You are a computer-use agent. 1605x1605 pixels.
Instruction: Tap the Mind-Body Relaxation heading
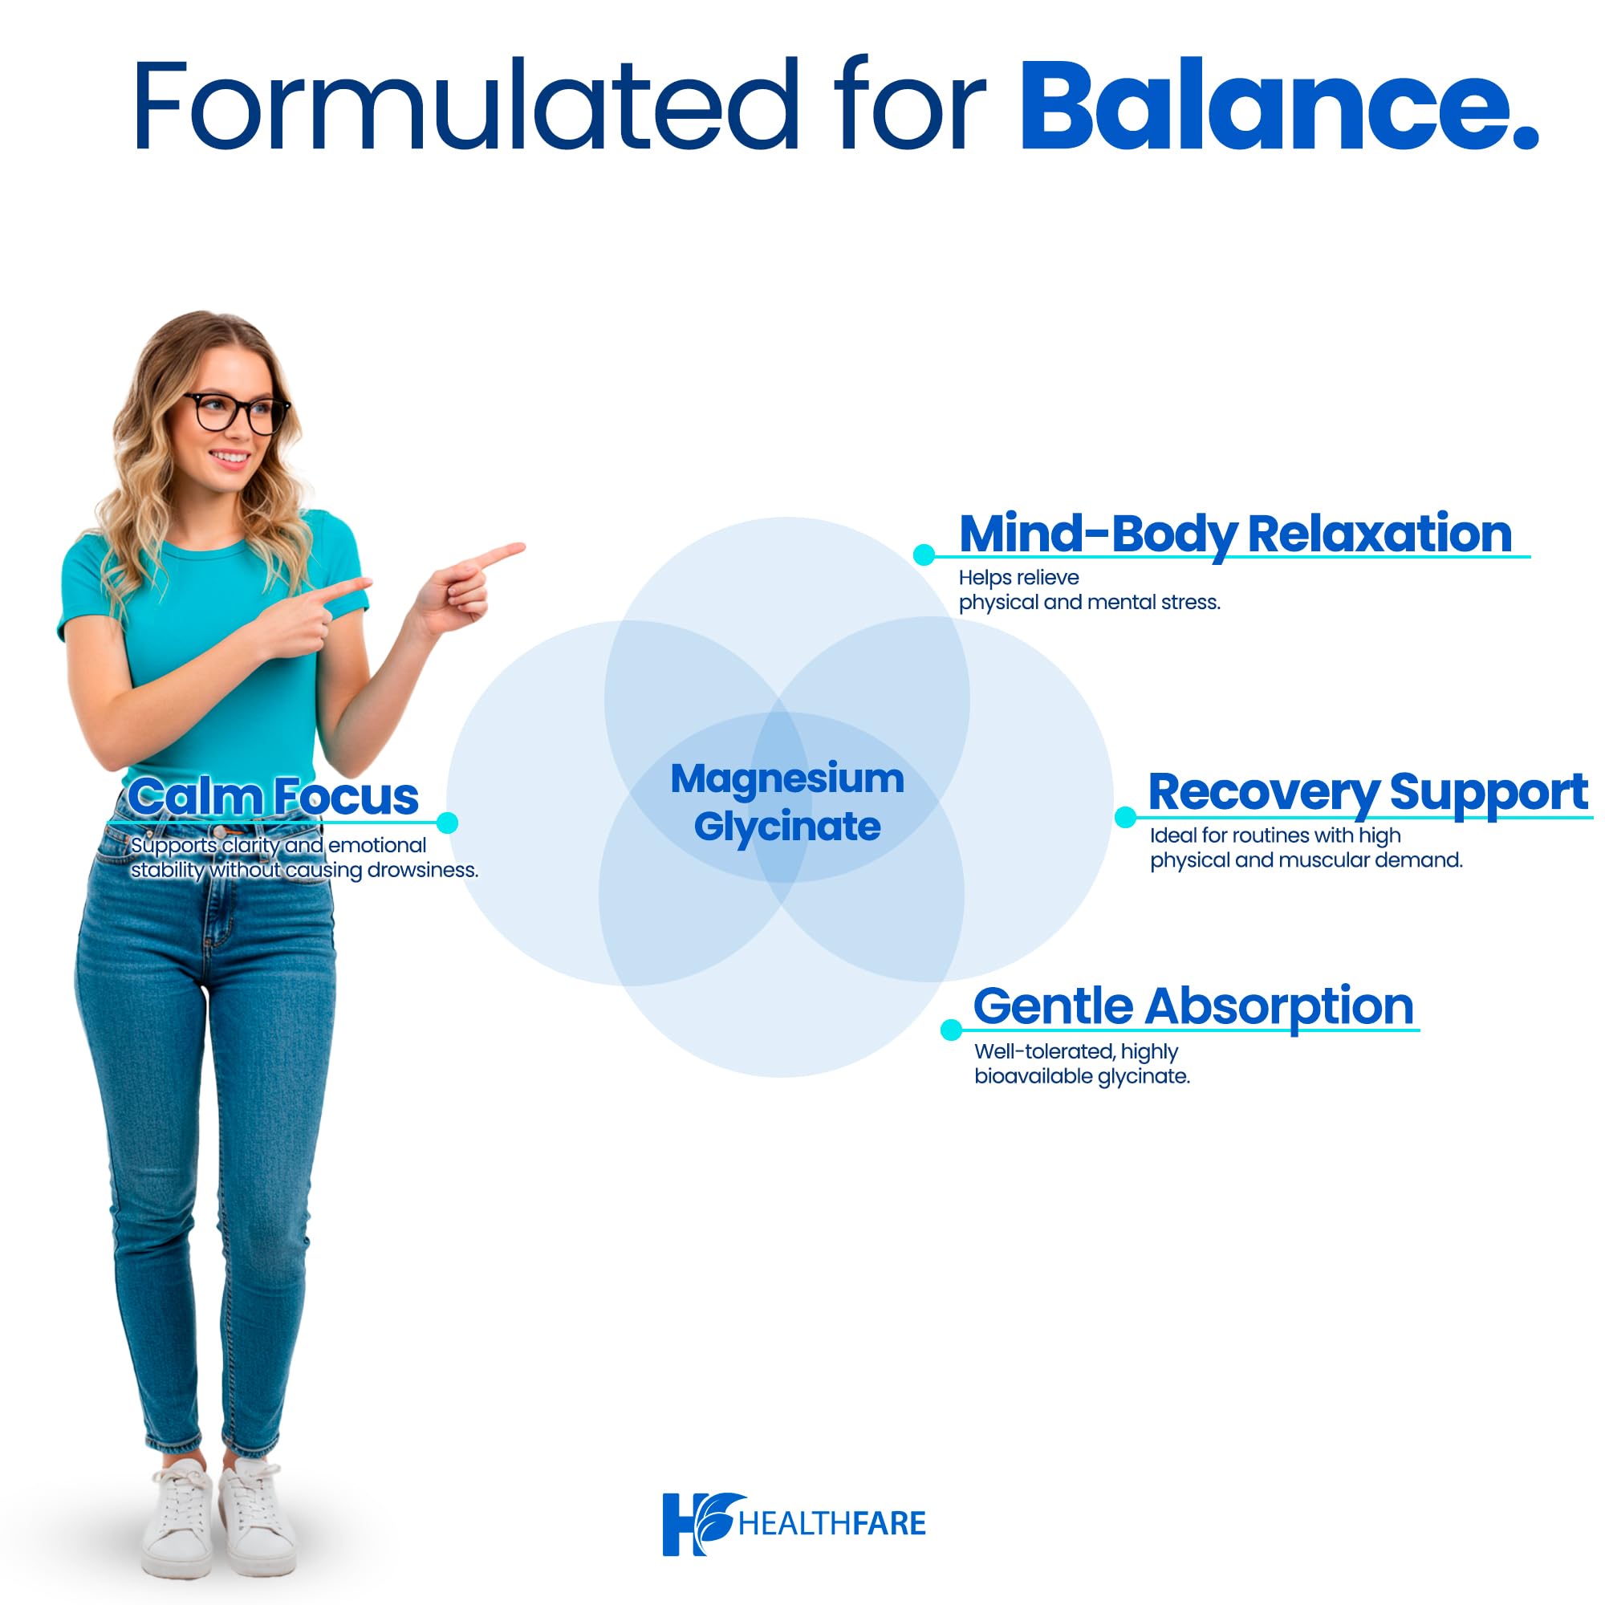(1234, 534)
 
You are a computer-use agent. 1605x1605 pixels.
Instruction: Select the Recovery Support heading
(1367, 792)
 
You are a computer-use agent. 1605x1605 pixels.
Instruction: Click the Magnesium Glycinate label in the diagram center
(786, 802)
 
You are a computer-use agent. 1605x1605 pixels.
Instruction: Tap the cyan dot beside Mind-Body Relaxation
(923, 555)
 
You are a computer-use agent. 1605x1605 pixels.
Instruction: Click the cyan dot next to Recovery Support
(1125, 817)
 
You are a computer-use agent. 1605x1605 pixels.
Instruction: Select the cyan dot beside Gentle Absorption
(950, 1030)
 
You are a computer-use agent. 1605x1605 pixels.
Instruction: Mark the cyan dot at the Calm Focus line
(447, 823)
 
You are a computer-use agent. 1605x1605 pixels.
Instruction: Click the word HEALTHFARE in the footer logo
(831, 1525)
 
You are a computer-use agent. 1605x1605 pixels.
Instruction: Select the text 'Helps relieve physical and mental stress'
(1088, 590)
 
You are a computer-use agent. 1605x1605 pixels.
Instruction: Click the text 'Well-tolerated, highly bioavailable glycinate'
(1082, 1063)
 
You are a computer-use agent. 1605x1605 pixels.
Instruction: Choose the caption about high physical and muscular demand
(1305, 847)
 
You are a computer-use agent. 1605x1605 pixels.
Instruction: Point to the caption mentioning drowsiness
(304, 857)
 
